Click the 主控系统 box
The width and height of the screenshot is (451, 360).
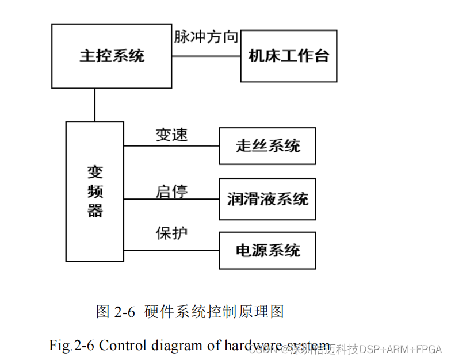(x=112, y=56)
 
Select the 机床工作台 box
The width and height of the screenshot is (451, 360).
(x=288, y=56)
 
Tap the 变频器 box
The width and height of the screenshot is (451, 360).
(x=95, y=192)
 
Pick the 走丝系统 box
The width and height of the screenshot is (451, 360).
(x=267, y=145)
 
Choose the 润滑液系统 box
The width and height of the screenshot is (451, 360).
(x=267, y=199)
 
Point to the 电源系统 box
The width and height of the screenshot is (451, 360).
(x=267, y=250)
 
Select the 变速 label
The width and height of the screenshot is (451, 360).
(x=171, y=135)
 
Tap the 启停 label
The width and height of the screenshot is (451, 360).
(x=171, y=191)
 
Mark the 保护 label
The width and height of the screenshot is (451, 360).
(x=171, y=233)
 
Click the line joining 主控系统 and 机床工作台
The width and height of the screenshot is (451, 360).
(x=206, y=56)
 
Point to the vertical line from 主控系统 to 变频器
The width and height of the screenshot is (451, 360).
(x=95, y=105)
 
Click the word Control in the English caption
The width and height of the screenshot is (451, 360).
(x=121, y=346)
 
